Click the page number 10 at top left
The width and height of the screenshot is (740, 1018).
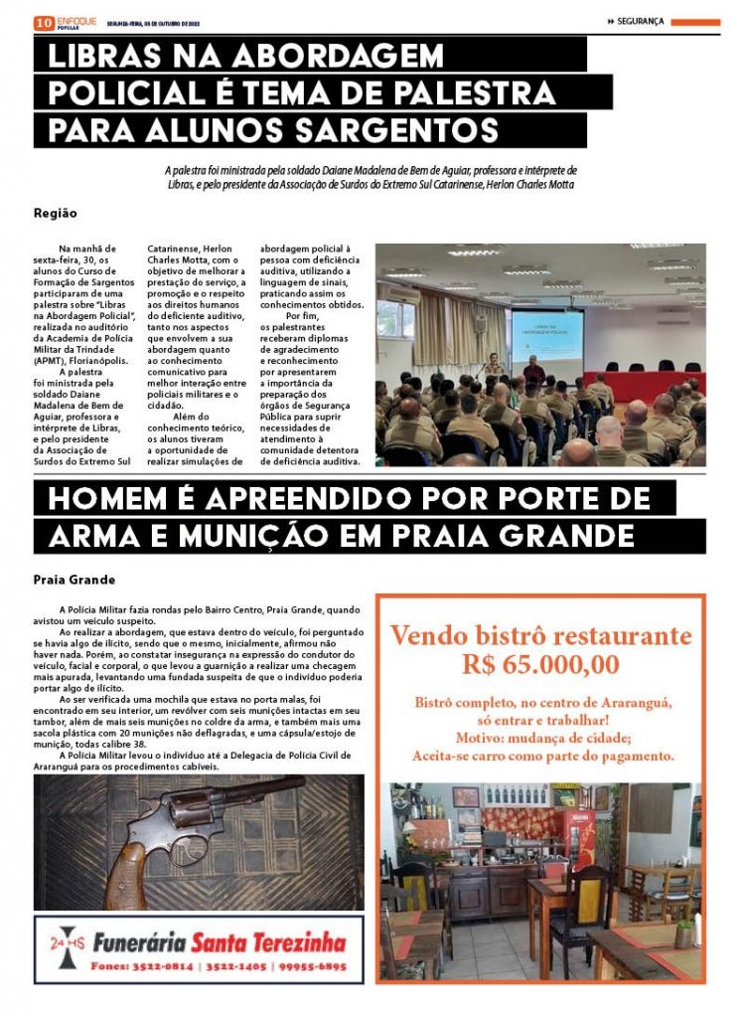pyautogui.click(x=43, y=22)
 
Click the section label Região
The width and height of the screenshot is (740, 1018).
pyautogui.click(x=55, y=213)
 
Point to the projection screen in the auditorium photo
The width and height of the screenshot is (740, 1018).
pyautogui.click(x=560, y=338)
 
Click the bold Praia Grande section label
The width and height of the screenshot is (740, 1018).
pyautogui.click(x=74, y=580)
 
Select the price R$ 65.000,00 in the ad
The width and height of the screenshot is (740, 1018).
pyautogui.click(x=540, y=664)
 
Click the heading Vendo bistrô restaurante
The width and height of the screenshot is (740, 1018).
pyautogui.click(x=540, y=635)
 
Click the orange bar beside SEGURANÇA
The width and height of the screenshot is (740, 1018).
pyautogui.click(x=694, y=22)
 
